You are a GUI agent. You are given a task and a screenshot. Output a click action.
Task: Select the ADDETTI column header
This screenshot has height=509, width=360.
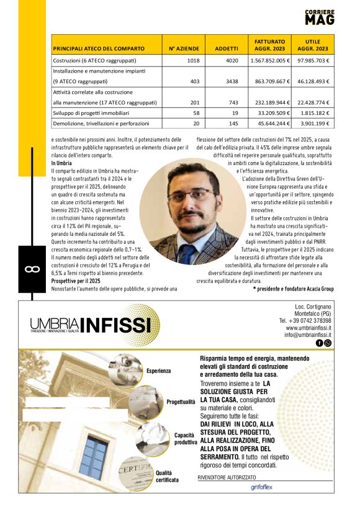click(x=227, y=48)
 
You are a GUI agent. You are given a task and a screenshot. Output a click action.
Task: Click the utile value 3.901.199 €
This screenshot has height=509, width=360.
click(x=315, y=124)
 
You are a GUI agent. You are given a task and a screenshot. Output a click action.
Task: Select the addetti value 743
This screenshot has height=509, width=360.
click(x=233, y=102)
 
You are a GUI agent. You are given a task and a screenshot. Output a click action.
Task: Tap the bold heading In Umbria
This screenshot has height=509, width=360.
click(x=61, y=163)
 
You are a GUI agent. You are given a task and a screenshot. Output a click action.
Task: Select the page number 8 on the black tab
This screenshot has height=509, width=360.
click(x=29, y=269)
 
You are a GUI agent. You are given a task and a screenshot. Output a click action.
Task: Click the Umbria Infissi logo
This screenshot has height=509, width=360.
click(x=91, y=325)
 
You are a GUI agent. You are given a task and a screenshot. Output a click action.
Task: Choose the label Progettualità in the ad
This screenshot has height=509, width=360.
click(x=181, y=402)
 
